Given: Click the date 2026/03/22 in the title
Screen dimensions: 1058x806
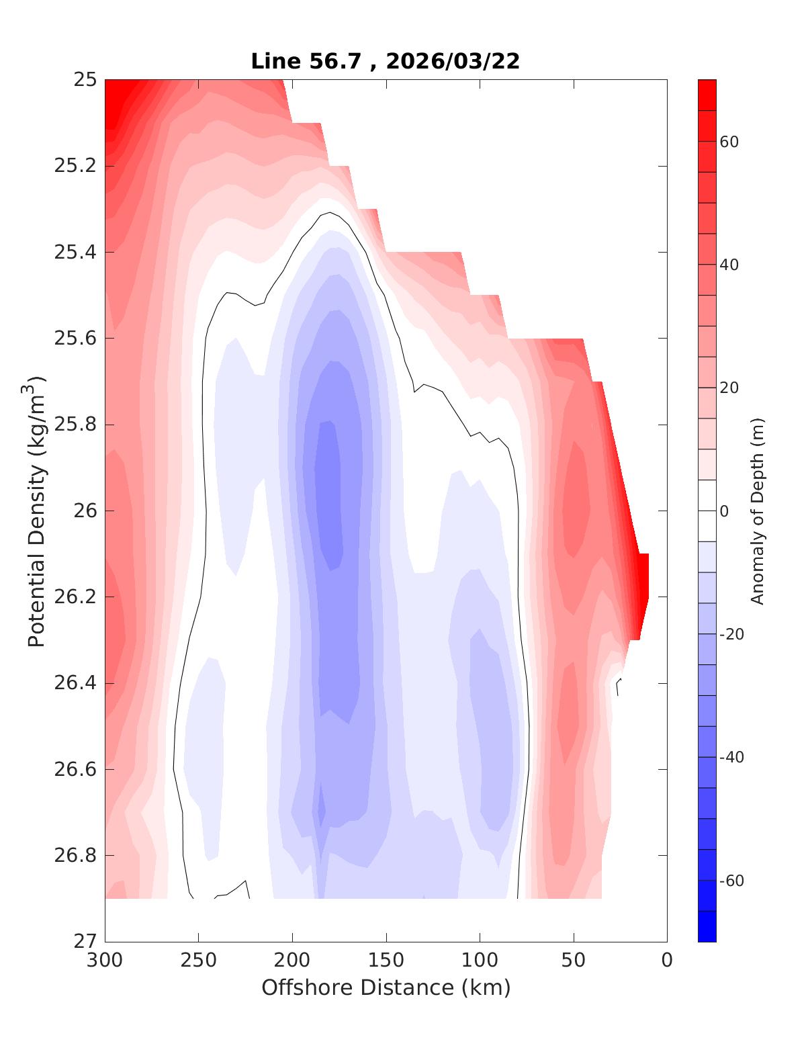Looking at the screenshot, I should [453, 61].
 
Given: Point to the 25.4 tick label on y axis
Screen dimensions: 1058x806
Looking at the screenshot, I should [75, 253].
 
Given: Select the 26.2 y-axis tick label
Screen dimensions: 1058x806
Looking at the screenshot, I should [75, 597].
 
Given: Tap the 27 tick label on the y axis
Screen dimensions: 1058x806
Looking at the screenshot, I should [85, 942].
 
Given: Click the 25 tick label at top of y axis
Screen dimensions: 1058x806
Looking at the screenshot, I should [85, 80].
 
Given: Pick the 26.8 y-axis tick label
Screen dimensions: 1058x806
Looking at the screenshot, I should [75, 856].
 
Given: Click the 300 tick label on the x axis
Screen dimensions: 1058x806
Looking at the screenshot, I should [105, 961].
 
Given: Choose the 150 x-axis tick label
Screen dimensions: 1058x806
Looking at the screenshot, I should [386, 961].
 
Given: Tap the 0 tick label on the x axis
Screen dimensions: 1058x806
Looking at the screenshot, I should [667, 961].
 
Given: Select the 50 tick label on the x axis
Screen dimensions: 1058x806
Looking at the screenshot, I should [574, 961].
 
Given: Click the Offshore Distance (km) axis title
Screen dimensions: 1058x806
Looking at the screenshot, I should [386, 987].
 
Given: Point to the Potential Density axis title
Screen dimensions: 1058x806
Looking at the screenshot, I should [36, 511].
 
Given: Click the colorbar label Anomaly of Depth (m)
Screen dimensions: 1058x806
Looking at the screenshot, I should [758, 511].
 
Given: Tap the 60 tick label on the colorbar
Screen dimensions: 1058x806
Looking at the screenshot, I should [729, 142].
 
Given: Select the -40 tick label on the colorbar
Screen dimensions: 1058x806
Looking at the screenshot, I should [731, 757].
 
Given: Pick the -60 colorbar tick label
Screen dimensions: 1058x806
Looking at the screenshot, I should [731, 881].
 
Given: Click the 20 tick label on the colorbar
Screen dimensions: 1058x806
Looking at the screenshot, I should [729, 388].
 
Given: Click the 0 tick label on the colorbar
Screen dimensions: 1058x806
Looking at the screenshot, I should [724, 511].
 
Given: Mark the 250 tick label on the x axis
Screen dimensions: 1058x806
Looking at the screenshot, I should [199, 961].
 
